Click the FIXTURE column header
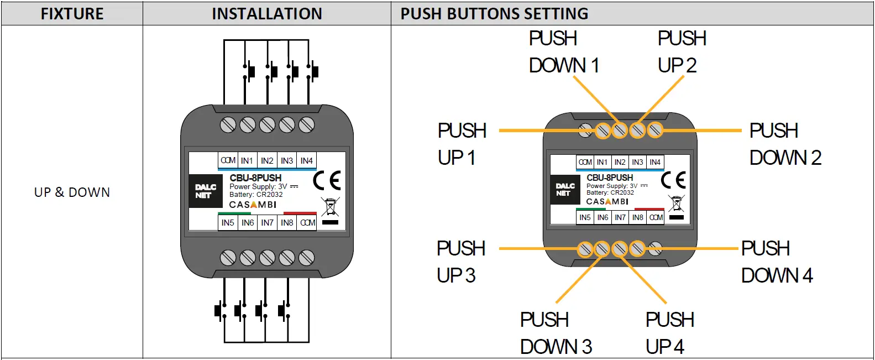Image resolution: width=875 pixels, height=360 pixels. coord(72,14)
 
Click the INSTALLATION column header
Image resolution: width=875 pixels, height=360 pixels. coord(266,14)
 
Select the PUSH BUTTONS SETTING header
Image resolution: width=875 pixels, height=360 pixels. coord(494,14)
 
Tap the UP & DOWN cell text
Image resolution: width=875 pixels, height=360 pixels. coord(72,192)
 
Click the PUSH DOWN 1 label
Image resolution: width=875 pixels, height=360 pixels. coord(563,52)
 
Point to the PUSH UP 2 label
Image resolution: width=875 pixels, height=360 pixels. coord(682,52)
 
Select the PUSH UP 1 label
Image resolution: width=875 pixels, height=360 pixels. coord(462,144)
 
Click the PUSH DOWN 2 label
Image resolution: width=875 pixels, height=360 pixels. coord(785,144)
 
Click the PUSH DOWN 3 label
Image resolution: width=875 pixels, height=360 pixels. coord(556,333)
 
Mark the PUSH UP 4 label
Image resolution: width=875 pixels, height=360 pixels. coord(669,333)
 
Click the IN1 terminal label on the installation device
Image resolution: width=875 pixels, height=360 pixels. coord(247,161)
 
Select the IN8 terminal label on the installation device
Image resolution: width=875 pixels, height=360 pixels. coord(287,223)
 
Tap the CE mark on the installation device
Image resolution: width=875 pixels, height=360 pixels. coord(327,180)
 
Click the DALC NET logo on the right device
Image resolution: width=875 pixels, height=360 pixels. coord(564,190)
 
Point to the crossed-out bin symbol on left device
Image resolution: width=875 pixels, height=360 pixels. coord(330,207)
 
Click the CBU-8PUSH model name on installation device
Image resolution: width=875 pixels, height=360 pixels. coord(255,178)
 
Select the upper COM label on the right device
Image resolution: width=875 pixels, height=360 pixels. coord(585,162)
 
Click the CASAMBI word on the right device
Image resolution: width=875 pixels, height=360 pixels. coord(607,202)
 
